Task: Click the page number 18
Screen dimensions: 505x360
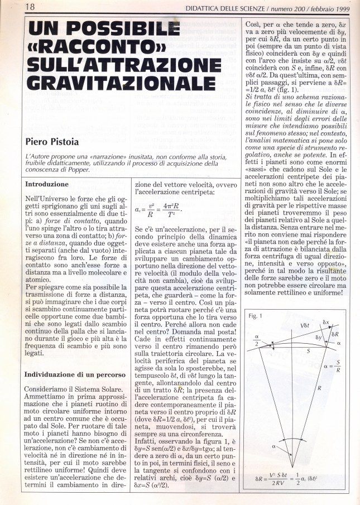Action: click(x=16, y=7)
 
